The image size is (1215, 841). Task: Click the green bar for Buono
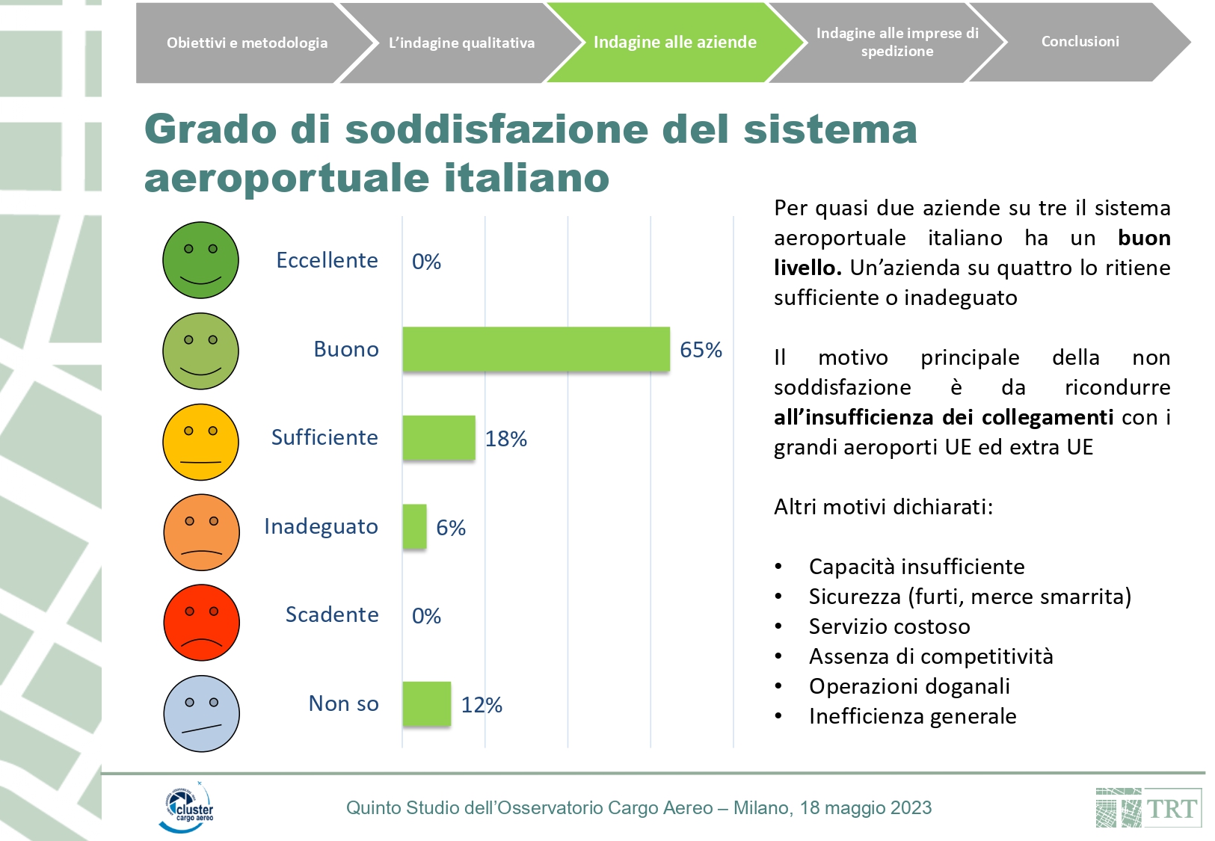(x=536, y=349)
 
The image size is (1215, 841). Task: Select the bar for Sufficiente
(x=439, y=438)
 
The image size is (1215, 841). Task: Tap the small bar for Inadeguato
(x=414, y=527)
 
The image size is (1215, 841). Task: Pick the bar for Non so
(x=427, y=704)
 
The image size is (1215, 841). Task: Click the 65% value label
(x=701, y=350)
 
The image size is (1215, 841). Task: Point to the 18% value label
(x=506, y=439)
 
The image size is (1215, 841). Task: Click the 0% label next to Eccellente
(x=426, y=262)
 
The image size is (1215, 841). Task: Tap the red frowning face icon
(x=201, y=623)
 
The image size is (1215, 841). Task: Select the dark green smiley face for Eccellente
(x=200, y=260)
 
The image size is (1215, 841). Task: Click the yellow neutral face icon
(x=200, y=442)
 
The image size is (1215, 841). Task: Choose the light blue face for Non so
(x=201, y=713)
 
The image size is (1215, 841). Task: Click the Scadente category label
(x=332, y=614)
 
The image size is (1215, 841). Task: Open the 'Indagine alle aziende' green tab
(x=674, y=43)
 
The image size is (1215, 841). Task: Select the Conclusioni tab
(x=1080, y=42)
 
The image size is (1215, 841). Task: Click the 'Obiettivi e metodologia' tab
(x=247, y=43)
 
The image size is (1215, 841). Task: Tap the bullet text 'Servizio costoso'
(x=889, y=626)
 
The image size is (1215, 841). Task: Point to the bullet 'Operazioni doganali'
(x=909, y=686)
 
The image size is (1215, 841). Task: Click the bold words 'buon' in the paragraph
(x=1144, y=238)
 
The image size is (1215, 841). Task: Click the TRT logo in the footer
(x=1148, y=808)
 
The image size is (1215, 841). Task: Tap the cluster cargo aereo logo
(x=187, y=807)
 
